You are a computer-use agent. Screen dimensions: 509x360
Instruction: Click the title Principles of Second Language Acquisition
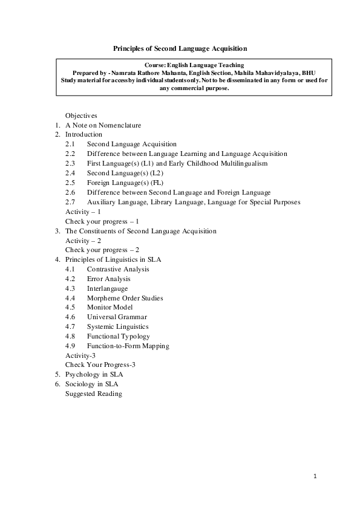point(180,48)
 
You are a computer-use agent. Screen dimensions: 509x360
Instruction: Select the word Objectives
point(81,115)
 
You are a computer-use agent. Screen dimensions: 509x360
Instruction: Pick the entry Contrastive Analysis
point(117,269)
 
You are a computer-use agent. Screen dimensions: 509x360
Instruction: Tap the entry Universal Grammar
point(117,317)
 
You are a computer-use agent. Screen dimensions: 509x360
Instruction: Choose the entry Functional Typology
point(118,336)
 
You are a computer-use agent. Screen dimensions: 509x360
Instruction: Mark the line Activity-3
point(80,355)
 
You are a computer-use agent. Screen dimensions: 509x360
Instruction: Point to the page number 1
point(315,476)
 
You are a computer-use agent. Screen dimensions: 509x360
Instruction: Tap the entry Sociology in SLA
point(91,384)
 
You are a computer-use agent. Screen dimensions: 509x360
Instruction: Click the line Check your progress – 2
point(102,250)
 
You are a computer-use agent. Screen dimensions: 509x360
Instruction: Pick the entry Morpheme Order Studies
point(125,298)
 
